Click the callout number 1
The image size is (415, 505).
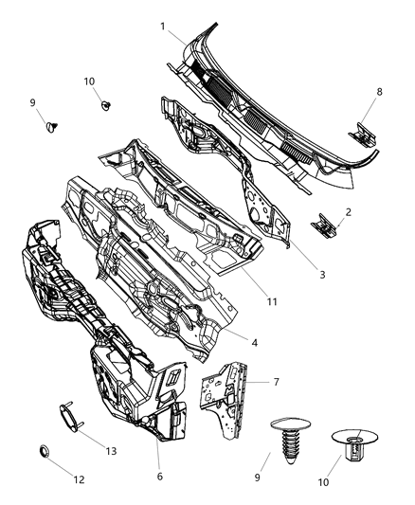pyautogui.click(x=162, y=26)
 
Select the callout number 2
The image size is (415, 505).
pyautogui.click(x=348, y=212)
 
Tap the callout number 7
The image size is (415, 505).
pyautogui.click(x=276, y=382)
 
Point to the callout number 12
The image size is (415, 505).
pyautogui.click(x=79, y=480)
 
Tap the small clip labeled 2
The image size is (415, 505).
pyautogui.click(x=324, y=225)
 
